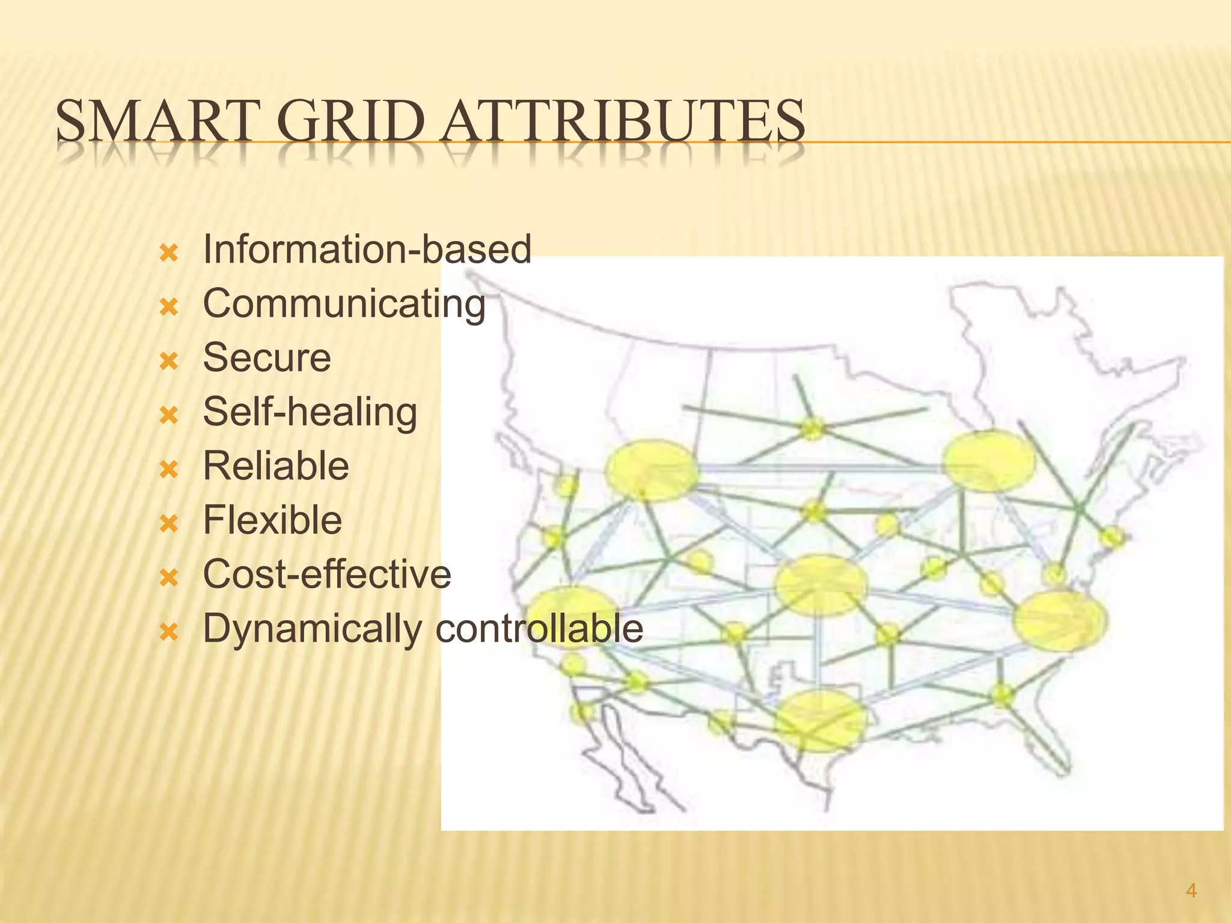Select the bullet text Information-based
tap(367, 249)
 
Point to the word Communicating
tap(344, 304)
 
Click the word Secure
tap(267, 358)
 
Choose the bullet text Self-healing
tap(310, 413)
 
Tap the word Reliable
tap(276, 466)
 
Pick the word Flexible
tap(272, 520)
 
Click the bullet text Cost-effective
tap(327, 574)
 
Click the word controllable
tap(539, 629)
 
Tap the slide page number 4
tap(1191, 891)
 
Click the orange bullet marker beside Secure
tap(170, 361)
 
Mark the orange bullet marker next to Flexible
tap(170, 523)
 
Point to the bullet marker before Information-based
tap(170, 253)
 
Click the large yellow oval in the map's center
tap(821, 585)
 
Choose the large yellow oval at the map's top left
tap(652, 471)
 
